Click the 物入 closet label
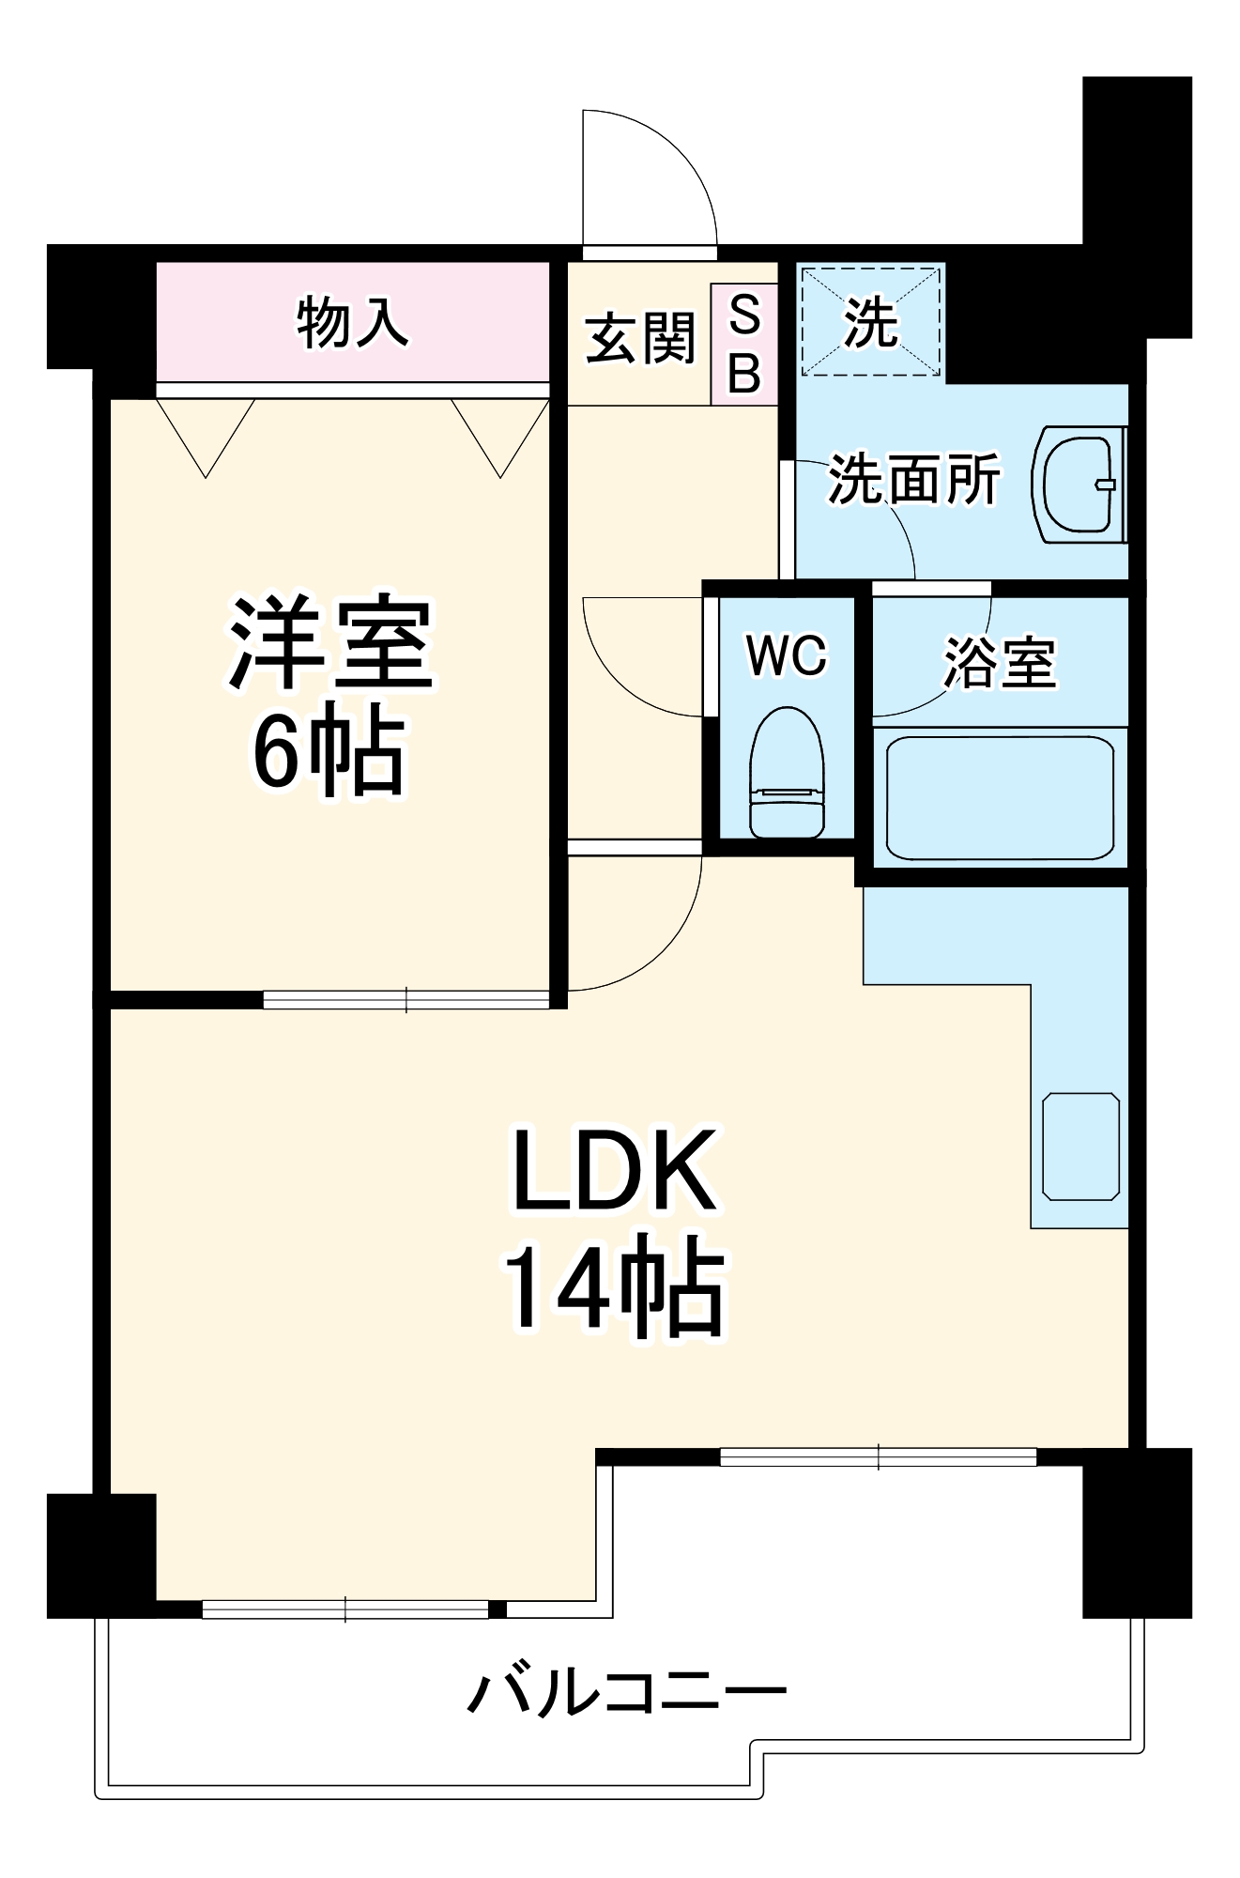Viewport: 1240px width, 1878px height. point(352,322)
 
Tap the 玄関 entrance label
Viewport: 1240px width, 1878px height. point(639,338)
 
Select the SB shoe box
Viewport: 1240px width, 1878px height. point(744,344)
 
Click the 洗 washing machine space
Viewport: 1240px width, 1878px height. point(870,321)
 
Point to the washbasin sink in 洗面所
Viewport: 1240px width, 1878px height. point(1079,485)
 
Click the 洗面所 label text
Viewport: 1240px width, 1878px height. point(912,480)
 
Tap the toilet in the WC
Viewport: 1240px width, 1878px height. point(787,773)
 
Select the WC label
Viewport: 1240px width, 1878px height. point(787,654)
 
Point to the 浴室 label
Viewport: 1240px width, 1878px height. point(1000,663)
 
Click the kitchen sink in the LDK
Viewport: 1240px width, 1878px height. point(1080,1147)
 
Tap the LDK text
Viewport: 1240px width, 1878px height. point(615,1170)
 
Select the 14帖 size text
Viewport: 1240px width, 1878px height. point(615,1284)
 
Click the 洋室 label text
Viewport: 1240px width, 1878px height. point(330,642)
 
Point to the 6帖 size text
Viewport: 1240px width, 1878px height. point(329,751)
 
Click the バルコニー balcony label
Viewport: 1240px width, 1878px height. point(627,1693)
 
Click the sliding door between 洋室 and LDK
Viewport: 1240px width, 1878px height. point(406,1000)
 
